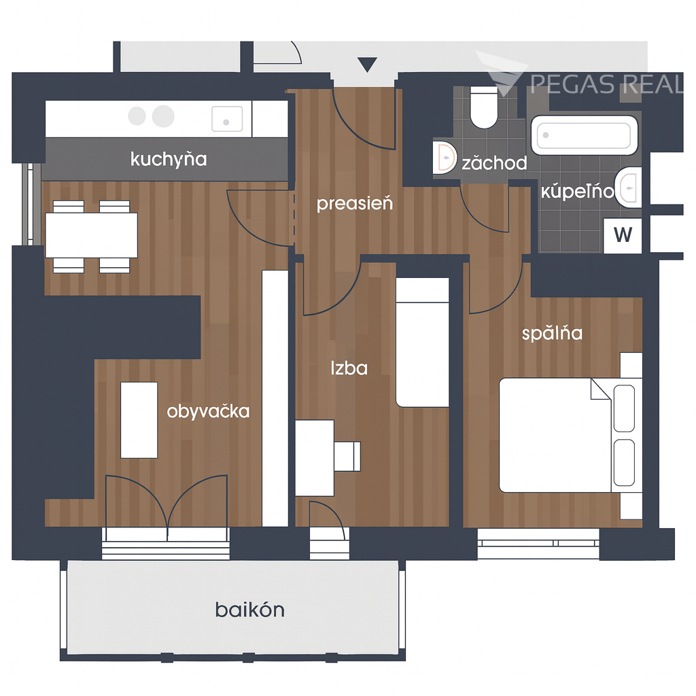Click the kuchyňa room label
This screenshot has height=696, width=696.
pos(169,159)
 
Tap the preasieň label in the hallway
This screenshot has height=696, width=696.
pos(355,204)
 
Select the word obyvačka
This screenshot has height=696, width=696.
pos(208,411)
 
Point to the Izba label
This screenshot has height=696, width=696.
pos(349,368)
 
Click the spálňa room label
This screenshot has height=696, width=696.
pos(552,333)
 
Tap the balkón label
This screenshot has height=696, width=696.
pos(250,610)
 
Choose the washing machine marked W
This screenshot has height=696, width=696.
pos(623,235)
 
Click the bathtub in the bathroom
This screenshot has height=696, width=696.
pos(585,135)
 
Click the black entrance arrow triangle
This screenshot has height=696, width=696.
pos(367,64)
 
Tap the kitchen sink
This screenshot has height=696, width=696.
pos(227,119)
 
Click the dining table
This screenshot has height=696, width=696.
pos(92,235)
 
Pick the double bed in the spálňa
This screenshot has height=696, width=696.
pos(570,435)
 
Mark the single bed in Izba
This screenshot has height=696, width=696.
pos(422,343)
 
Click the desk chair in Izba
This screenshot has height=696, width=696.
pos(347,456)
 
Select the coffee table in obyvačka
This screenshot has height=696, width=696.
pos(139,420)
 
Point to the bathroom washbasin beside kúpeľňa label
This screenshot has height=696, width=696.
pos(629,188)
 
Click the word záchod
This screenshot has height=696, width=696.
pos(495,163)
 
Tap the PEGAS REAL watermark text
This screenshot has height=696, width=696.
pos(606,84)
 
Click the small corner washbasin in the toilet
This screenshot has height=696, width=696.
pos(445,158)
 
